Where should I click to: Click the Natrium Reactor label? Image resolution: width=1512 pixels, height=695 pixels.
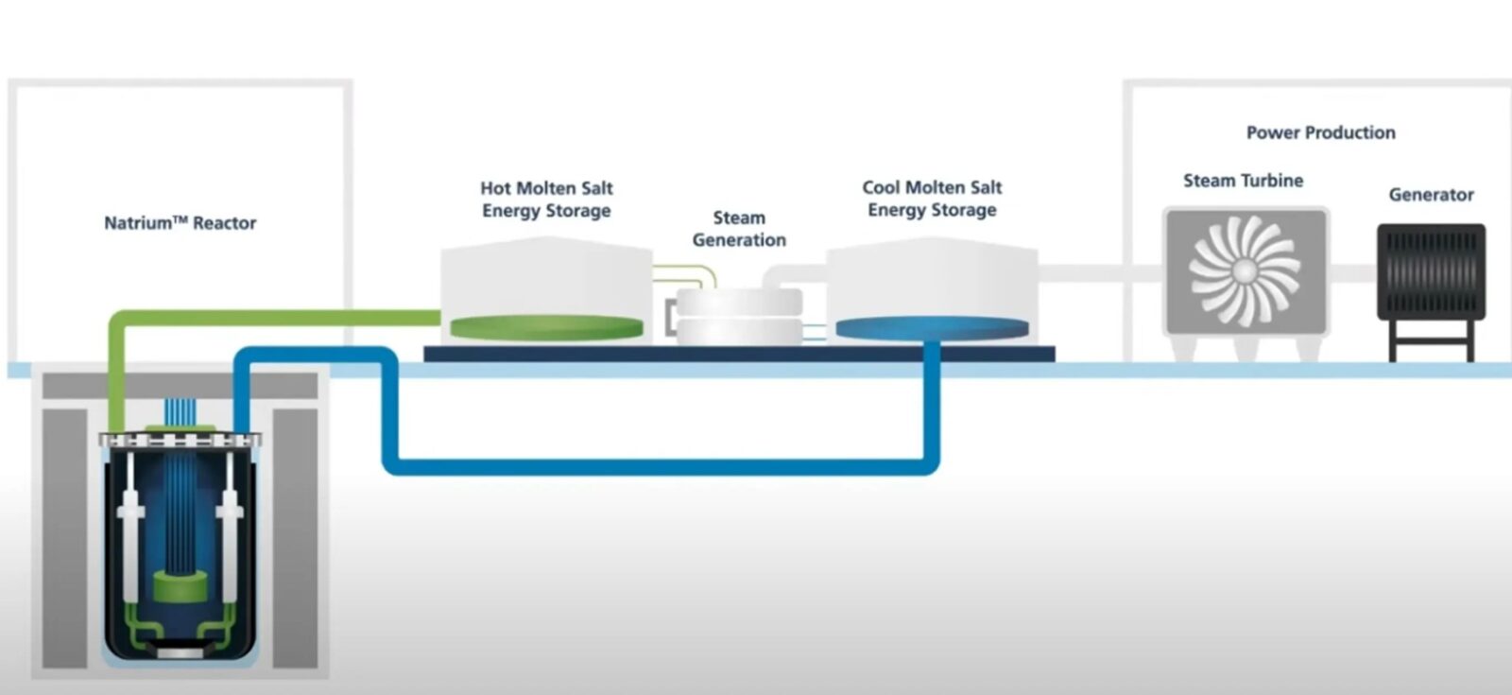coord(180,223)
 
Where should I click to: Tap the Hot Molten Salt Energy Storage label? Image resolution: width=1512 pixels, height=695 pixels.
coord(546,200)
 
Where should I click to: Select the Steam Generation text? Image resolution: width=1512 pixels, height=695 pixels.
coord(739,229)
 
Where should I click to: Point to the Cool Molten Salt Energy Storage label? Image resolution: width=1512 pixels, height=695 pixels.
coord(932,199)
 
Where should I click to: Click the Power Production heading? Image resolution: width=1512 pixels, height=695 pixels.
coord(1320,132)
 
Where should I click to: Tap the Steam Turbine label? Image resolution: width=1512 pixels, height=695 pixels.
coord(1243,181)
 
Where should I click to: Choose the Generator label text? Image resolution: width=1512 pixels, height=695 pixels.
coord(1431,195)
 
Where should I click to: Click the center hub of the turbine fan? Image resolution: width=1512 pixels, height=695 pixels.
coord(1245,271)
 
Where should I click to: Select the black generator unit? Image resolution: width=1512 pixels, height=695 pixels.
coord(1431,270)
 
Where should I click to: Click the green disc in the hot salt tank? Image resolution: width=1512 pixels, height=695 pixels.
coord(546,327)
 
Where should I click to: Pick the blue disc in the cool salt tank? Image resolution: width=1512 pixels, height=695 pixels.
coord(932,328)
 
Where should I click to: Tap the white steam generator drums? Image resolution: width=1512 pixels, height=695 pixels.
coord(739,317)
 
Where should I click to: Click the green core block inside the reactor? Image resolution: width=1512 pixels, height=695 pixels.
coord(180,586)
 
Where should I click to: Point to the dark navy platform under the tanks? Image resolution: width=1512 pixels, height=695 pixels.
coord(739,354)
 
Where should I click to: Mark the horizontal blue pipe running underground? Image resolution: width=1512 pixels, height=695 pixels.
coord(661,466)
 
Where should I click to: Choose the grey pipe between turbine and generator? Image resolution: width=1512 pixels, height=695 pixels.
coord(1353,273)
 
